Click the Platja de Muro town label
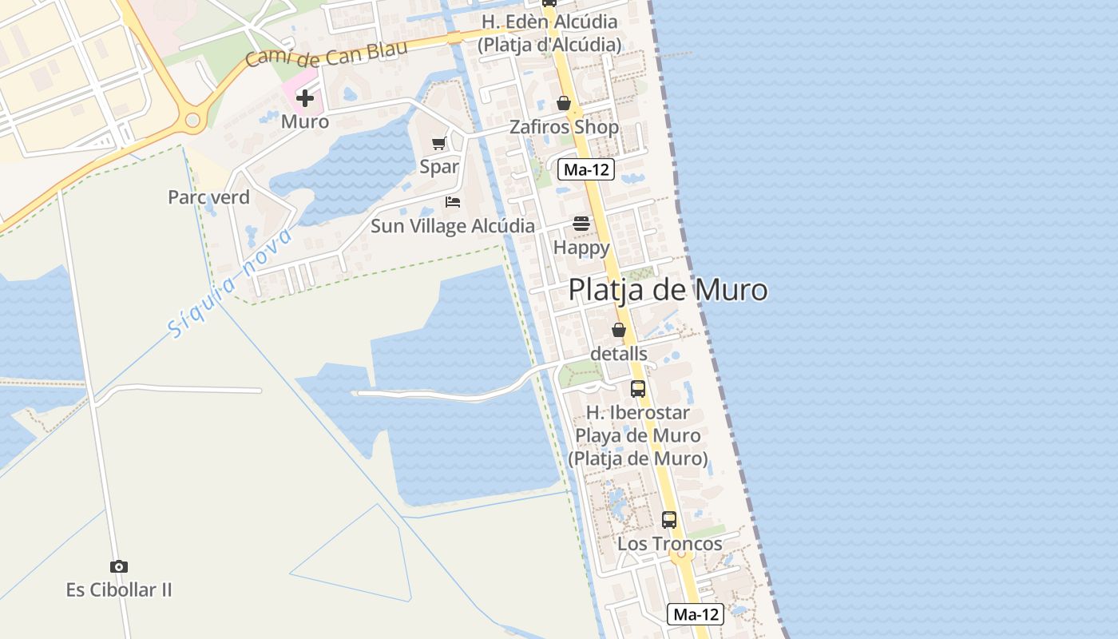pos(668,290)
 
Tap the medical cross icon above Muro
pos(305,98)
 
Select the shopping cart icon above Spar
pos(438,144)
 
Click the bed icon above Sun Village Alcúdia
pos(453,202)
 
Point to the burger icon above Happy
pos(581,224)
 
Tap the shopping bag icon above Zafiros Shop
pos(564,103)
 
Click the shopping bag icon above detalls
pos(619,329)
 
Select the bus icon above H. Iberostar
pos(638,389)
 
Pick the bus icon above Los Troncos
pos(669,520)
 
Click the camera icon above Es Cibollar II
pos(119,566)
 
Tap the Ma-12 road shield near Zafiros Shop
pos(586,169)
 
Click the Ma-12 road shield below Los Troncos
pos(696,614)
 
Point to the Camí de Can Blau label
pos(327,54)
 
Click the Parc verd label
pos(208,197)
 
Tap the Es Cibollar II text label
pos(119,590)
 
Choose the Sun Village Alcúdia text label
pos(453,226)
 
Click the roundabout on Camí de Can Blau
pos(192,120)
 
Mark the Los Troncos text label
pos(669,544)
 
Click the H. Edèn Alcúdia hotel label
pos(549,33)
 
